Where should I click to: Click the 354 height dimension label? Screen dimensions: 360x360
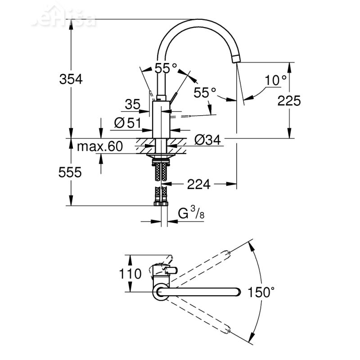click(x=71, y=79)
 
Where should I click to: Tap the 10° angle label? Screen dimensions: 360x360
click(x=275, y=81)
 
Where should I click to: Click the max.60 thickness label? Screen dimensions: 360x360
click(x=99, y=146)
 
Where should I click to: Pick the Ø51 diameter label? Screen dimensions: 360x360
click(x=128, y=123)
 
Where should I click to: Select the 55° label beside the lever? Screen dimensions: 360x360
click(x=205, y=93)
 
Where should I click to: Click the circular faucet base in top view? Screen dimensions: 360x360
click(x=161, y=293)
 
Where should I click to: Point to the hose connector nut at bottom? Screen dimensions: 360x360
click(x=161, y=204)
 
